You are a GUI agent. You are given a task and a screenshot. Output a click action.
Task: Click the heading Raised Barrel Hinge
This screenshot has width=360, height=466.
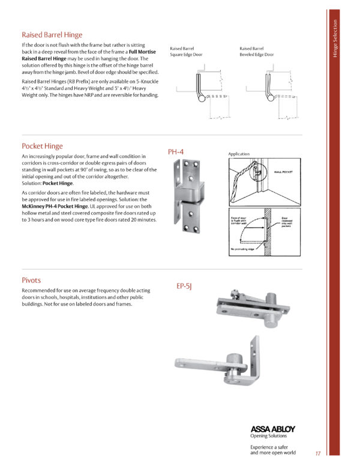click(52, 35)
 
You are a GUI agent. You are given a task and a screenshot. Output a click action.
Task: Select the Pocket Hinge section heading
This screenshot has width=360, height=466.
click(42, 146)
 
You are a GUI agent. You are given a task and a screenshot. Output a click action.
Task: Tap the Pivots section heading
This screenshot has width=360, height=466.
click(31, 280)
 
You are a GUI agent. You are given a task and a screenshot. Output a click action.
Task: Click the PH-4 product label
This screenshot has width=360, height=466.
click(175, 153)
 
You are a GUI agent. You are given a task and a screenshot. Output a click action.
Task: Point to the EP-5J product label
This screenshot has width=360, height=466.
click(184, 286)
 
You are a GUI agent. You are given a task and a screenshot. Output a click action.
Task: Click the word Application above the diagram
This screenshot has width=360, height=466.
click(239, 154)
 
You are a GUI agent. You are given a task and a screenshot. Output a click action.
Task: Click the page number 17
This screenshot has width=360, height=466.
click(317, 453)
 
